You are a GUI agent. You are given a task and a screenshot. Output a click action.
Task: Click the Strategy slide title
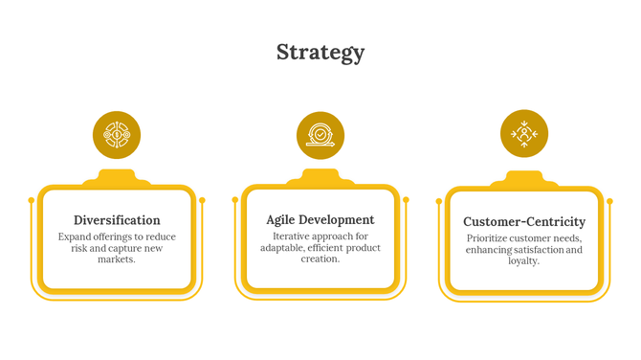320,52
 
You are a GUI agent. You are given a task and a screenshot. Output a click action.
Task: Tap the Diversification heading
117,220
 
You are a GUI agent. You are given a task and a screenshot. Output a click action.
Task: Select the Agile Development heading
320,219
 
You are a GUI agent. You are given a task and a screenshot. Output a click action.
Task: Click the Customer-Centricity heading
524,221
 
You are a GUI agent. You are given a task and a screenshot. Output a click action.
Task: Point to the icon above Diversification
117,135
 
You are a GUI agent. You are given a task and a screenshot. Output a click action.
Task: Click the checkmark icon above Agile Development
320,135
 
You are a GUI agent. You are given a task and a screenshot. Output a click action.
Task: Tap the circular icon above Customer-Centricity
524,134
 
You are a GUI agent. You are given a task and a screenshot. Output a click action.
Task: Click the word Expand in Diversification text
76,236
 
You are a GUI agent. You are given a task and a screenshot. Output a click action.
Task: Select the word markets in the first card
116,259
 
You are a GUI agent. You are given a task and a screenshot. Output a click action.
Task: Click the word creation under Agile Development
320,259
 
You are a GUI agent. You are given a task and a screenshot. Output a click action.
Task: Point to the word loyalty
523,260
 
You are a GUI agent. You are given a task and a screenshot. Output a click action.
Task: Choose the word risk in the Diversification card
80,248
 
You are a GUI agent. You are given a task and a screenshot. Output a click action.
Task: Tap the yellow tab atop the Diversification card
117,178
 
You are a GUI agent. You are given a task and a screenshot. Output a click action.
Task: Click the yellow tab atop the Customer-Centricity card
524,179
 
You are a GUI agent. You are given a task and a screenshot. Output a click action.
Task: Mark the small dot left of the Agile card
235,199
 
